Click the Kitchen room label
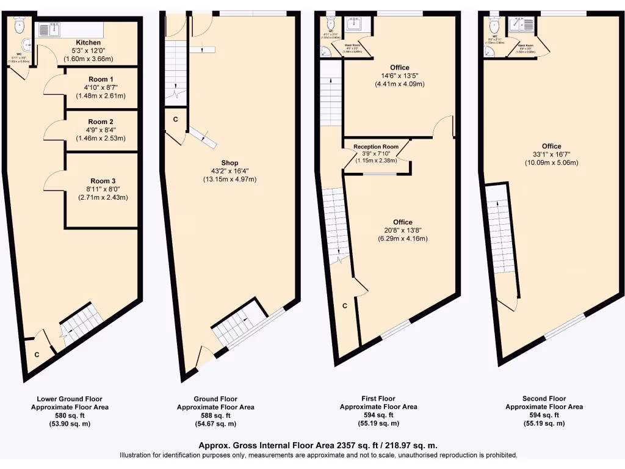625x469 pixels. (x=89, y=43)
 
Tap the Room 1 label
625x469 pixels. (x=101, y=79)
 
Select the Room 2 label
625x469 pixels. (x=101, y=122)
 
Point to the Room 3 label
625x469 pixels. (x=103, y=181)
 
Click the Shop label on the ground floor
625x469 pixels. (x=229, y=163)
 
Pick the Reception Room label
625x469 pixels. (x=376, y=147)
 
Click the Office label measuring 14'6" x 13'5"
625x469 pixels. (x=400, y=68)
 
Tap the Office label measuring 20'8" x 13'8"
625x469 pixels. (x=402, y=222)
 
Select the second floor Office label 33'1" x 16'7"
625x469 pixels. (x=551, y=147)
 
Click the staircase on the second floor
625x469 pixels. (x=502, y=235)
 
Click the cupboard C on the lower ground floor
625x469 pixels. (x=37, y=354)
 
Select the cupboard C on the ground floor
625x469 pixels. (x=175, y=120)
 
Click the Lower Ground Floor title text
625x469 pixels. (x=69, y=399)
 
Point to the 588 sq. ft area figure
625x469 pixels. (x=215, y=415)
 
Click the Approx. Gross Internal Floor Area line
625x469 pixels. (x=318, y=445)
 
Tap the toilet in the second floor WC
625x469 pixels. (x=494, y=25)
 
